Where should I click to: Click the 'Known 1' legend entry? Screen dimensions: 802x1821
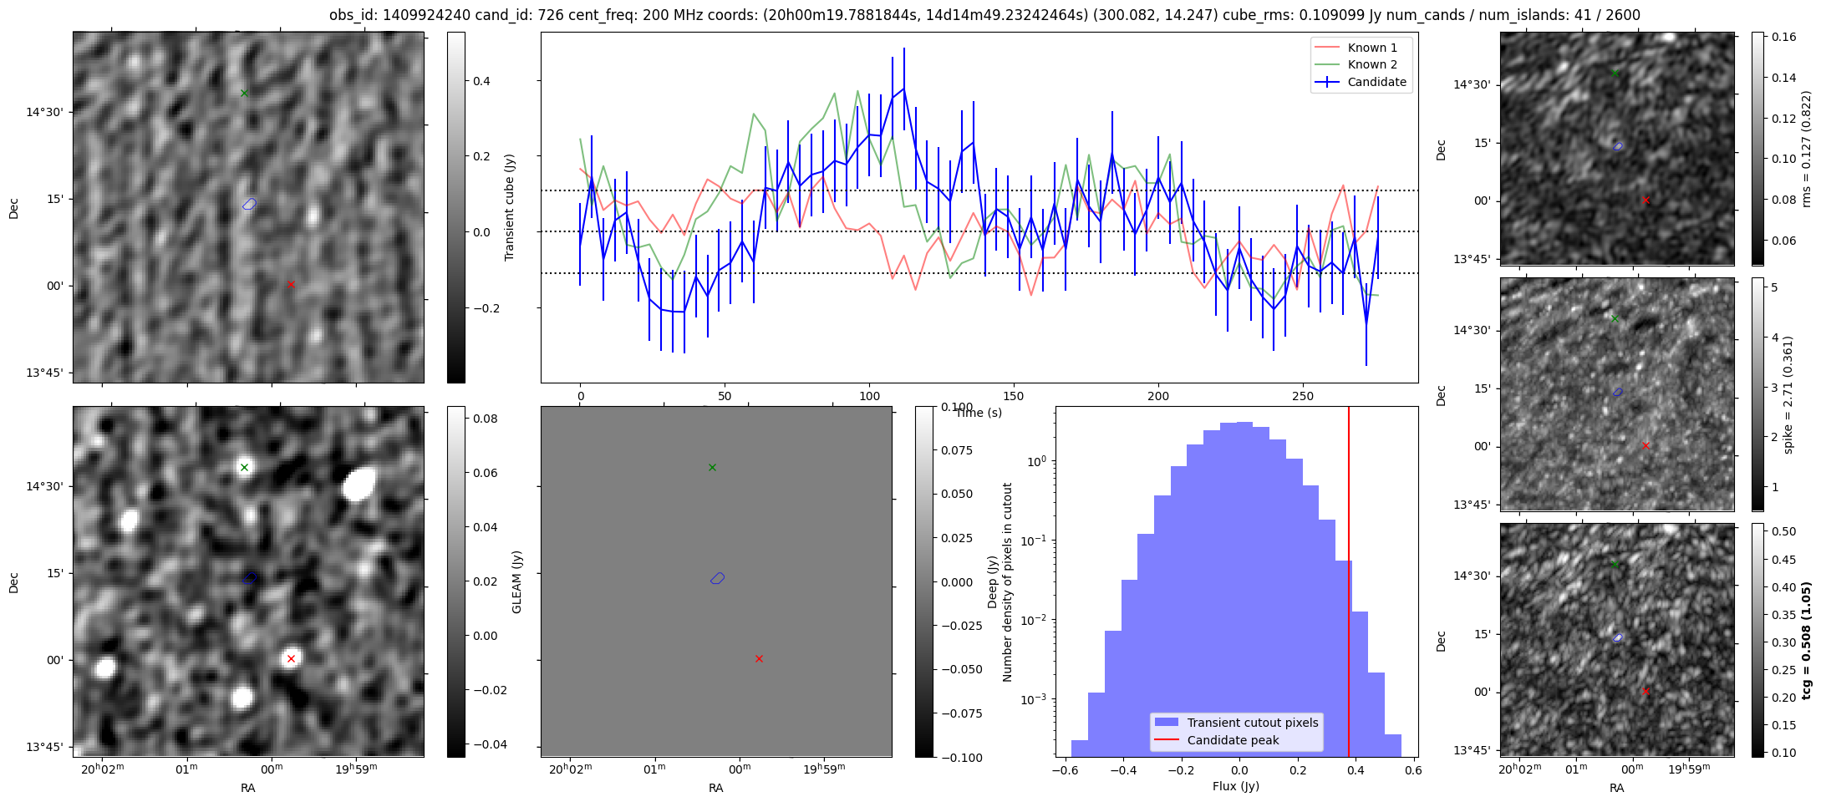click(x=1372, y=48)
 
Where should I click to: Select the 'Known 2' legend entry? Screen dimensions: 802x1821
click(x=1372, y=64)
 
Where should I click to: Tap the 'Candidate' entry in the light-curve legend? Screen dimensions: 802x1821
click(x=1376, y=82)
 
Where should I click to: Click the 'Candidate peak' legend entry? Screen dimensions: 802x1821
click(x=1233, y=740)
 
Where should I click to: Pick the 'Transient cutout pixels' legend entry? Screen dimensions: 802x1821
click(x=1253, y=723)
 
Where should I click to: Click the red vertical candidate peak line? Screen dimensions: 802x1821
click(x=1349, y=585)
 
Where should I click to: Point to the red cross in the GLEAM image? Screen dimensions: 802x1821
click(x=291, y=658)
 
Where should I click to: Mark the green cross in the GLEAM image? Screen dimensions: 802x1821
click(x=244, y=467)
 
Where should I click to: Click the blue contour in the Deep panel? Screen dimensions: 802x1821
click(x=717, y=578)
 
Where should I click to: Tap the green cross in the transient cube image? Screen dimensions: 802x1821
click(x=244, y=93)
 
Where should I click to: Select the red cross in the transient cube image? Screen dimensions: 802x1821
click(x=291, y=284)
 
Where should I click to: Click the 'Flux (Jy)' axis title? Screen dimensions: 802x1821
click(x=1235, y=786)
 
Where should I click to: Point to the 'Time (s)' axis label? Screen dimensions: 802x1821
click(x=979, y=413)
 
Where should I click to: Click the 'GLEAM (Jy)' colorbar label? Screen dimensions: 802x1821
click(x=517, y=581)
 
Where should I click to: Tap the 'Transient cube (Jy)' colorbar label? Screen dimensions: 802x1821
click(x=509, y=207)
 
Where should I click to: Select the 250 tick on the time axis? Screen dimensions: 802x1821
click(x=1302, y=396)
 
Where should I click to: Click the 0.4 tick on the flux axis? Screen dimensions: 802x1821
click(x=1355, y=770)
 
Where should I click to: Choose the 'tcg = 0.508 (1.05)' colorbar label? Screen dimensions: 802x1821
click(x=1806, y=641)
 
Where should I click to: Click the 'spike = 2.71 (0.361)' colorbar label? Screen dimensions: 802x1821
click(x=1788, y=395)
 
